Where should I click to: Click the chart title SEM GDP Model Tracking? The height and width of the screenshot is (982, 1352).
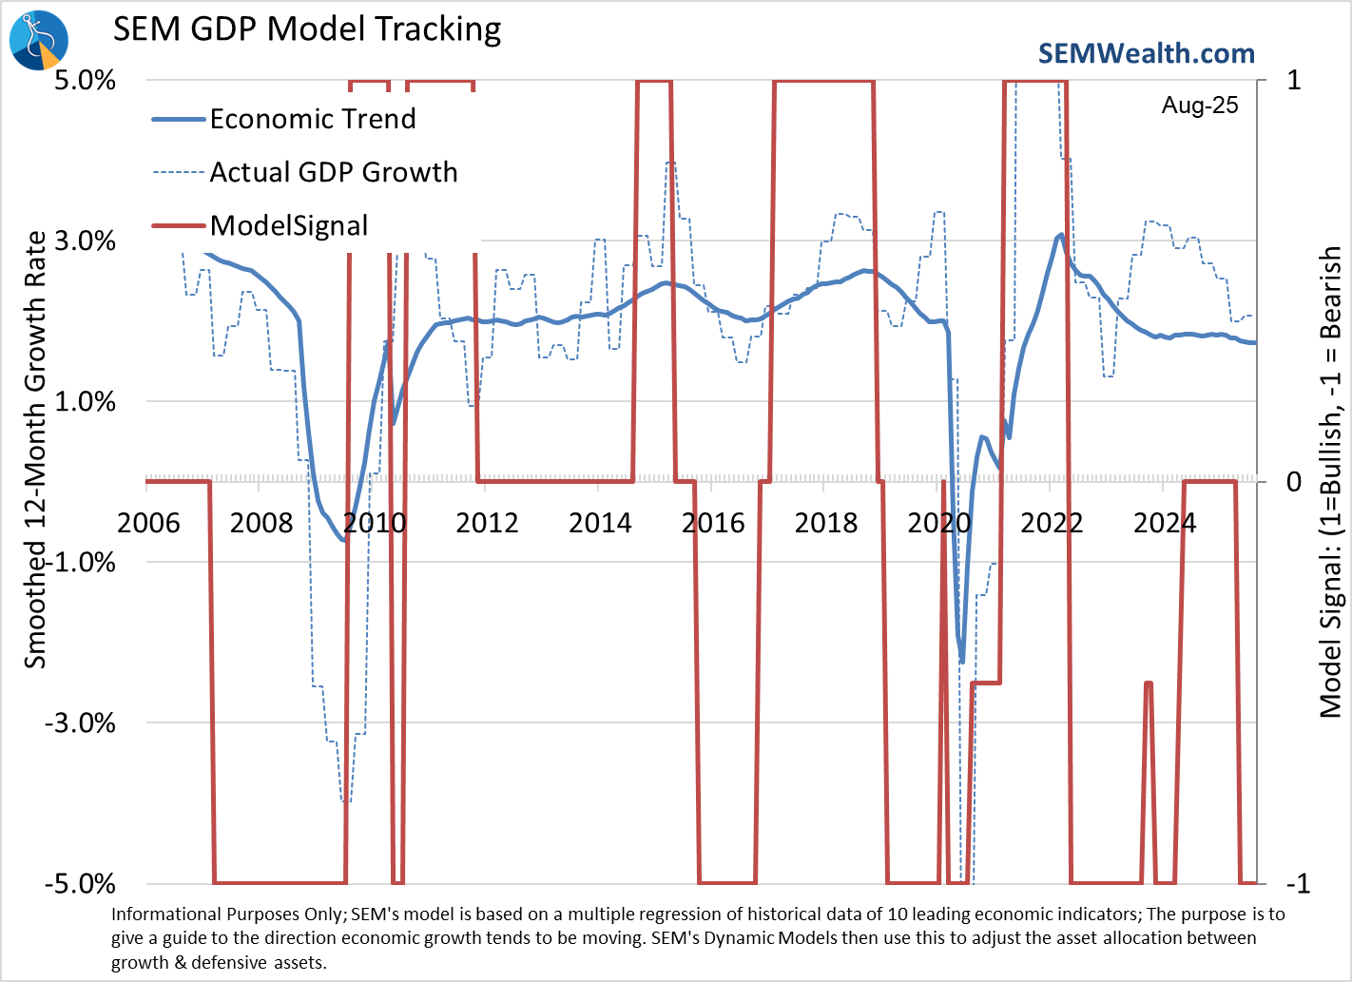point(307,29)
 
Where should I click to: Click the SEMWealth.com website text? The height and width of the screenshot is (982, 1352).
point(1146,53)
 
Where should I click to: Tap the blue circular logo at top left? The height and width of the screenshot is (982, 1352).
point(39,40)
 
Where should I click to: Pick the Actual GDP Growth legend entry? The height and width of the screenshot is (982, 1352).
point(333,172)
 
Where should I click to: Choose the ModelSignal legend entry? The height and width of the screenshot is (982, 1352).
point(288,225)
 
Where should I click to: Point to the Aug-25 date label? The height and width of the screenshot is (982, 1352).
point(1200,106)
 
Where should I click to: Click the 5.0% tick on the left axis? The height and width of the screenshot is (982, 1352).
point(85,80)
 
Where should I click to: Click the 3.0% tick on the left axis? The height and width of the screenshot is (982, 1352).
point(85,241)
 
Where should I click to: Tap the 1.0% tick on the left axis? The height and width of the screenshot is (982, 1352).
point(85,401)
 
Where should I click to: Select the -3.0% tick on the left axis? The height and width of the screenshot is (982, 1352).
point(81,722)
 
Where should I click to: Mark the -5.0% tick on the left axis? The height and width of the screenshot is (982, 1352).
point(81,884)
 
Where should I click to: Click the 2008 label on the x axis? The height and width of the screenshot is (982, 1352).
point(261,523)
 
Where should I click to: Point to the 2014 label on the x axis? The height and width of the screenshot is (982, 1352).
point(600,523)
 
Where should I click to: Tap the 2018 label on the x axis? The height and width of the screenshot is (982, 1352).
point(825,523)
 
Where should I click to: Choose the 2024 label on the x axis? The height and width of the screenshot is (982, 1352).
point(1165,523)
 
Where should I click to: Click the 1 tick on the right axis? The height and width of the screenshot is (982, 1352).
point(1294,80)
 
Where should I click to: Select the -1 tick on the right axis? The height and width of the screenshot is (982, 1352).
point(1298,884)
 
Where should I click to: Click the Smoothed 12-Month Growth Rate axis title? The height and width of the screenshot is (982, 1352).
point(35,450)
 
